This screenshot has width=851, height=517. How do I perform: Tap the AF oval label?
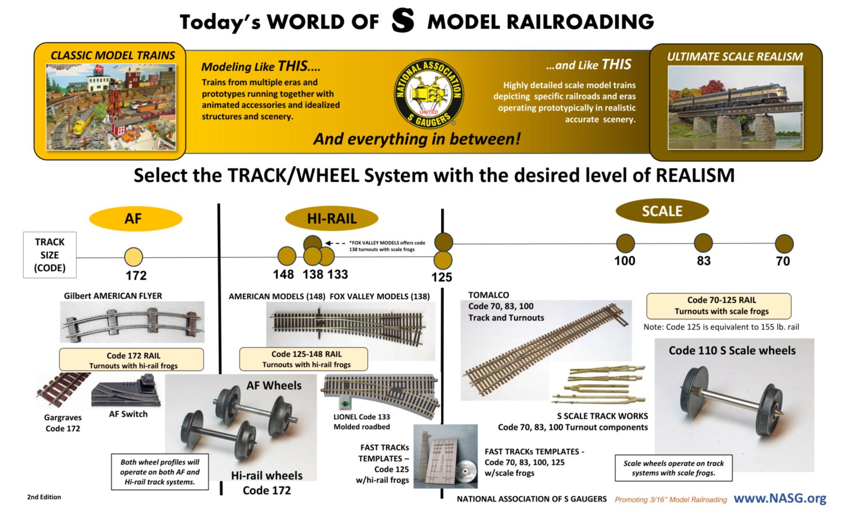pos(136,219)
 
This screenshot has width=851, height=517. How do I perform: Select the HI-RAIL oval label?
pos(332,219)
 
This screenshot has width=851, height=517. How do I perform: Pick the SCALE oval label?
pos(662,211)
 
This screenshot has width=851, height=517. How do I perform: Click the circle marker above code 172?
pos(133,257)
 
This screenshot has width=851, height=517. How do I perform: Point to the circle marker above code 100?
pos(625,243)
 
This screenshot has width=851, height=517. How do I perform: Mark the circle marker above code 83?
pos(703,243)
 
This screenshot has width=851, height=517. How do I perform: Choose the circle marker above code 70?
pos(784,244)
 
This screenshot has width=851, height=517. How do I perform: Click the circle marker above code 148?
pos(287,256)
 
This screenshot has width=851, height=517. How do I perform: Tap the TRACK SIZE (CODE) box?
pos(50,255)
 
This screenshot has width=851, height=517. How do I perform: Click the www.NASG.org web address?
pos(780,498)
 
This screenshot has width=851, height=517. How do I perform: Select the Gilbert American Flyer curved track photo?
pos(132,322)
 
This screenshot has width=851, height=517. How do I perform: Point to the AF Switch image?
pos(127,391)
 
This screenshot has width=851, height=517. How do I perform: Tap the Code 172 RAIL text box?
pos(131,360)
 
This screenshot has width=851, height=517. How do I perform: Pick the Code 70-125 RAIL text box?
pos(719,306)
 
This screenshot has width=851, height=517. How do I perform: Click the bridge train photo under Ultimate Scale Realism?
pos(735,107)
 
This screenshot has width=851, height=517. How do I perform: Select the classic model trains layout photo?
pos(111,107)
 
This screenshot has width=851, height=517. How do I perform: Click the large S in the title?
pos(403,21)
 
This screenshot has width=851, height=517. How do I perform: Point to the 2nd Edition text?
pos(44,497)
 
